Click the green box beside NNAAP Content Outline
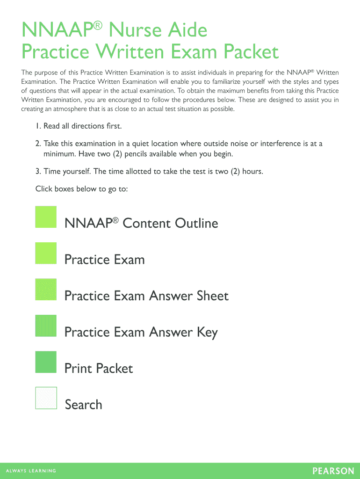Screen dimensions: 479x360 (x=46, y=217)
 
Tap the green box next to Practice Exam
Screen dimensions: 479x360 (x=46, y=253)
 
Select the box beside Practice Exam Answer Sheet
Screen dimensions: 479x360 (x=46, y=290)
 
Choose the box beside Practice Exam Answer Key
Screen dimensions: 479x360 (x=46, y=326)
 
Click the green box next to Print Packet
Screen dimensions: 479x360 (x=46, y=362)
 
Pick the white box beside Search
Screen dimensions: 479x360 (x=46, y=398)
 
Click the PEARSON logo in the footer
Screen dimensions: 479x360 (x=333, y=471)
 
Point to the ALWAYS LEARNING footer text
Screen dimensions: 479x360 (x=31, y=471)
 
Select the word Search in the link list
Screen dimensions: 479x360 (x=83, y=405)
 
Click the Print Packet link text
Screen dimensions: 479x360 (x=99, y=369)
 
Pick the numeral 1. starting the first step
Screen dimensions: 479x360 (x=38, y=126)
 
